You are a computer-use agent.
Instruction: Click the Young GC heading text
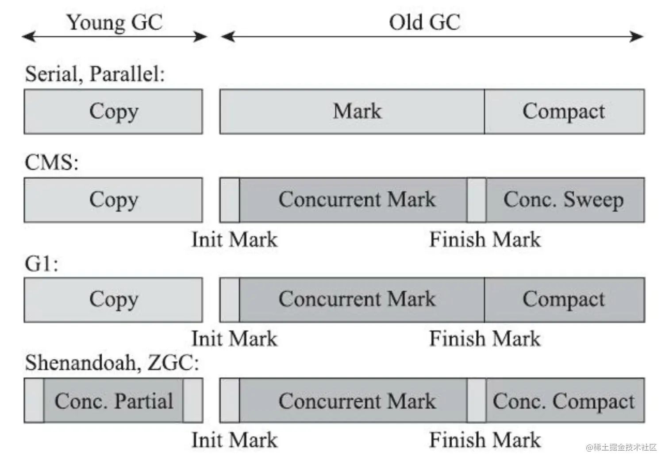[x=115, y=22]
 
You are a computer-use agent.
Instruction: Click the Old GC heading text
[x=424, y=22]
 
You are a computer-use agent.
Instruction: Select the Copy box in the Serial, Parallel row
[x=113, y=112]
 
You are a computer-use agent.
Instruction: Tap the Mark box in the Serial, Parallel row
[x=352, y=112]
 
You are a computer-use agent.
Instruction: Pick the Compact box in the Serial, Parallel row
[x=564, y=112]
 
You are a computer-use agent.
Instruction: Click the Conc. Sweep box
[x=565, y=200]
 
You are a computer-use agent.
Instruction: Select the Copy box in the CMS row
[x=113, y=200]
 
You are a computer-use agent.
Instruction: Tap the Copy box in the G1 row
[x=113, y=300]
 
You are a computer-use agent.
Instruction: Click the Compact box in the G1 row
[x=564, y=300]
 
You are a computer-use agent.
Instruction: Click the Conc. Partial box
[x=113, y=401]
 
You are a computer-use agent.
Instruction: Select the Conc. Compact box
[x=565, y=401]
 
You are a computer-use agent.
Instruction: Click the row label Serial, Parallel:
[x=95, y=73]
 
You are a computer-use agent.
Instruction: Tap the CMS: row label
[x=51, y=162]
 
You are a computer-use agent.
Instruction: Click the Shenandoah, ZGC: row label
[x=112, y=363]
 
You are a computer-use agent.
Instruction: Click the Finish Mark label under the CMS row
[x=485, y=240]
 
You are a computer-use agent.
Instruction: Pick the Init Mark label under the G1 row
[x=235, y=339]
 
